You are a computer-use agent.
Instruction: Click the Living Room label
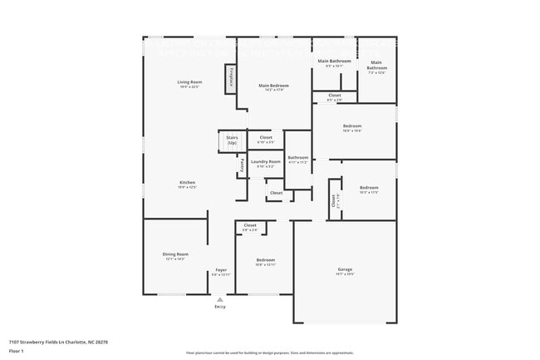click(x=189, y=82)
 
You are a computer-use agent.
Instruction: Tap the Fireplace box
click(x=231, y=78)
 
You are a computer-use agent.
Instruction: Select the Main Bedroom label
click(x=272, y=86)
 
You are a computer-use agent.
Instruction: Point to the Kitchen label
click(x=188, y=183)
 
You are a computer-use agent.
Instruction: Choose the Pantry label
click(x=242, y=165)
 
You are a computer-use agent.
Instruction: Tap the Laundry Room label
click(x=266, y=161)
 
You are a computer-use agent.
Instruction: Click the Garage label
click(x=345, y=269)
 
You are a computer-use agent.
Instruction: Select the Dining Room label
click(x=175, y=254)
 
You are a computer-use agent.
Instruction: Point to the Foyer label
click(x=221, y=270)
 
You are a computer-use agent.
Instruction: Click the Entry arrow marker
click(x=220, y=299)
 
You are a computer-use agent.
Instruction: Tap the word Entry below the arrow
click(x=220, y=307)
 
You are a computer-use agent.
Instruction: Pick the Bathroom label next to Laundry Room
click(x=297, y=157)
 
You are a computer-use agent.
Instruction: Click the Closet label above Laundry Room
click(x=266, y=137)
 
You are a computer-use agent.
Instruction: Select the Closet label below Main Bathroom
click(x=334, y=96)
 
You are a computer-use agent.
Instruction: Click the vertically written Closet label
click(x=334, y=200)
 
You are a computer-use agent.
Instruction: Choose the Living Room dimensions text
click(x=189, y=87)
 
